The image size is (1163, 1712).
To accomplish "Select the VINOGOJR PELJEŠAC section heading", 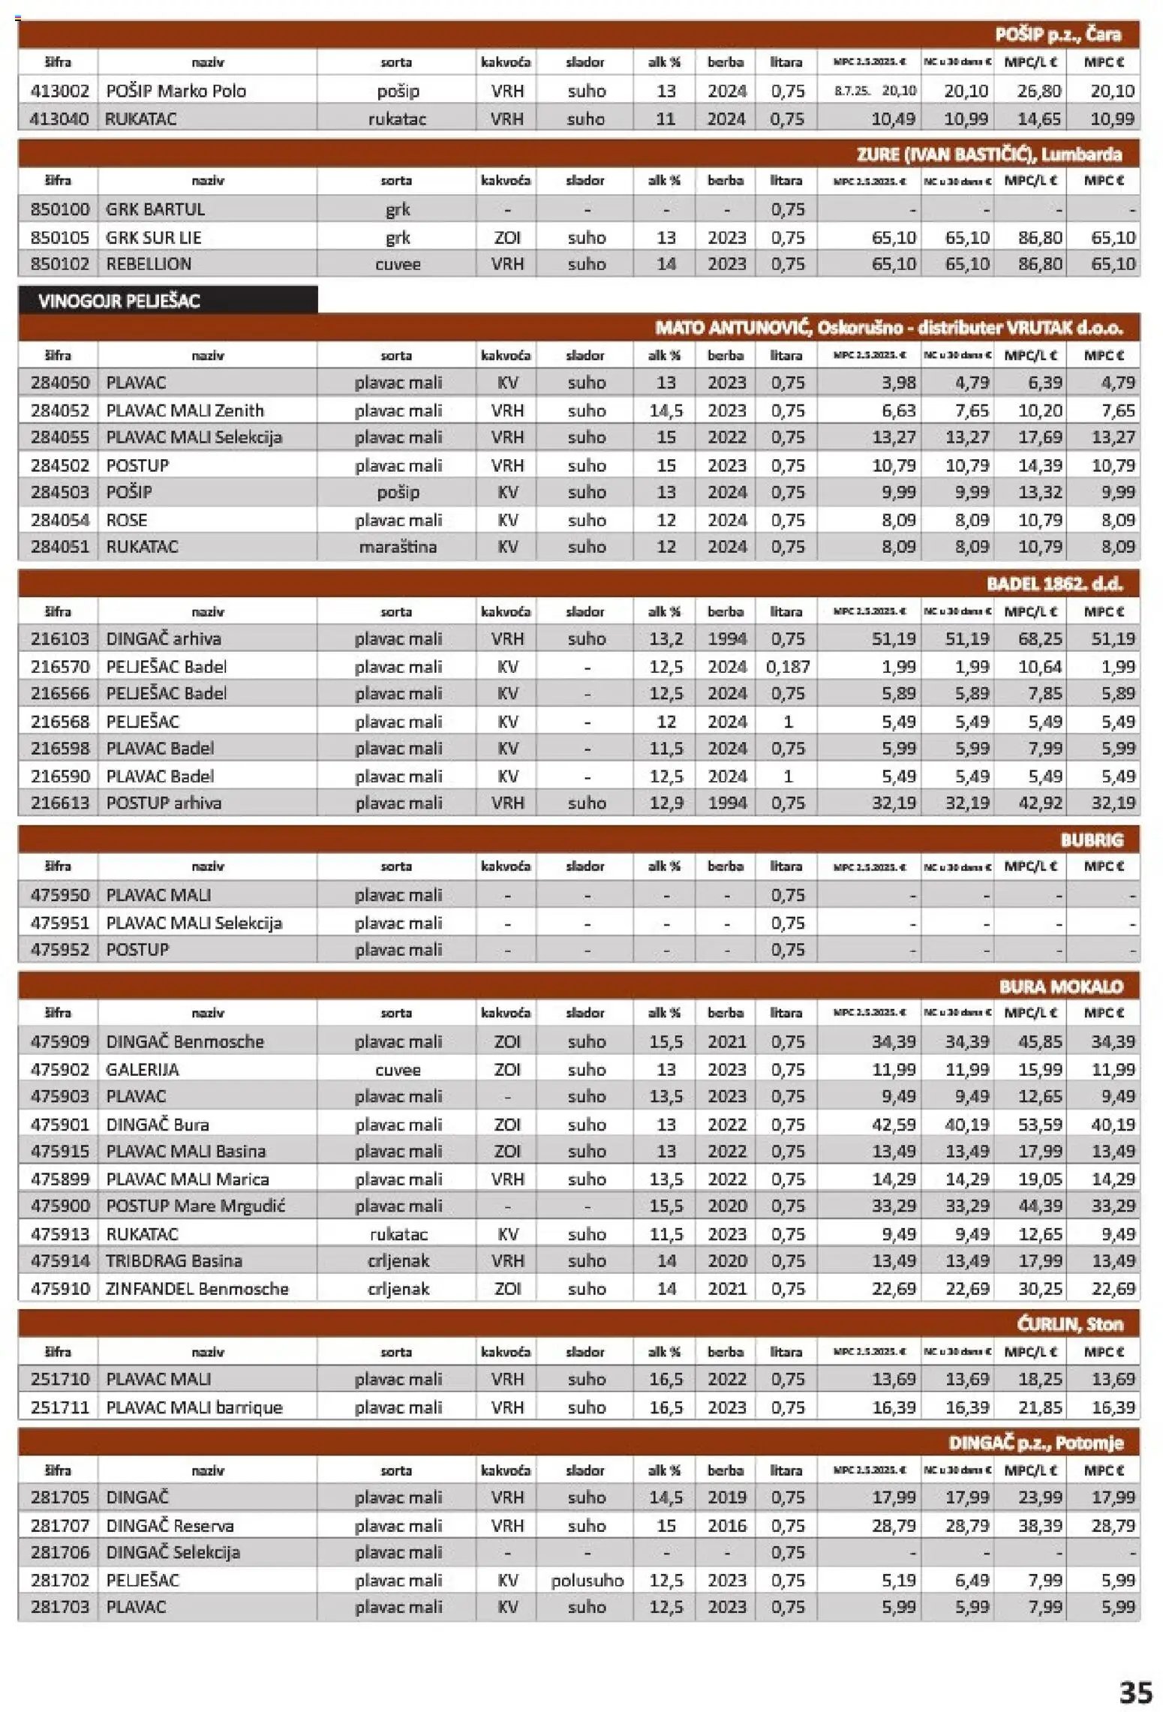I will click(x=119, y=300).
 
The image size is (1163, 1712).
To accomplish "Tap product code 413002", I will click(x=59, y=91).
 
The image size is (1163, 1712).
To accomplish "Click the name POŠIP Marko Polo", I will click(x=176, y=91).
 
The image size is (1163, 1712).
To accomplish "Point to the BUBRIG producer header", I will click(x=1091, y=839).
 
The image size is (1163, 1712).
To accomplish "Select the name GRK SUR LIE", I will click(x=154, y=237).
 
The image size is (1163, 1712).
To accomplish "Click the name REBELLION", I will click(x=149, y=264).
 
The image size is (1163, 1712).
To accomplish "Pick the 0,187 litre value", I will click(x=787, y=666).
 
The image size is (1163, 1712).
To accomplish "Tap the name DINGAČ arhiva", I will click(x=164, y=638).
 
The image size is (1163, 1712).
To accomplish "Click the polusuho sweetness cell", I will click(x=587, y=1580).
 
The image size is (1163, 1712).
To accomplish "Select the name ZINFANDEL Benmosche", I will click(x=197, y=1288).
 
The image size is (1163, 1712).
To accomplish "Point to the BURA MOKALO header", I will click(x=1060, y=987).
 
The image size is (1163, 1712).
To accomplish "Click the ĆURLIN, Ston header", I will click(x=1069, y=1325).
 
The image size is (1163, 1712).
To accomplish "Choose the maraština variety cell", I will click(x=398, y=547).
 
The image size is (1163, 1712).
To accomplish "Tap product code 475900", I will click(x=59, y=1206).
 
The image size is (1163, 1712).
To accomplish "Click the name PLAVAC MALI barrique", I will click(x=194, y=1407).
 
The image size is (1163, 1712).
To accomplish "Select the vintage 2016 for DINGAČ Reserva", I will click(x=726, y=1525).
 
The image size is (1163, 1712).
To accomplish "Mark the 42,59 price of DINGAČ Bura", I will click(x=894, y=1124).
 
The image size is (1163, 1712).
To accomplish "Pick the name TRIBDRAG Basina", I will click(x=174, y=1260).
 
